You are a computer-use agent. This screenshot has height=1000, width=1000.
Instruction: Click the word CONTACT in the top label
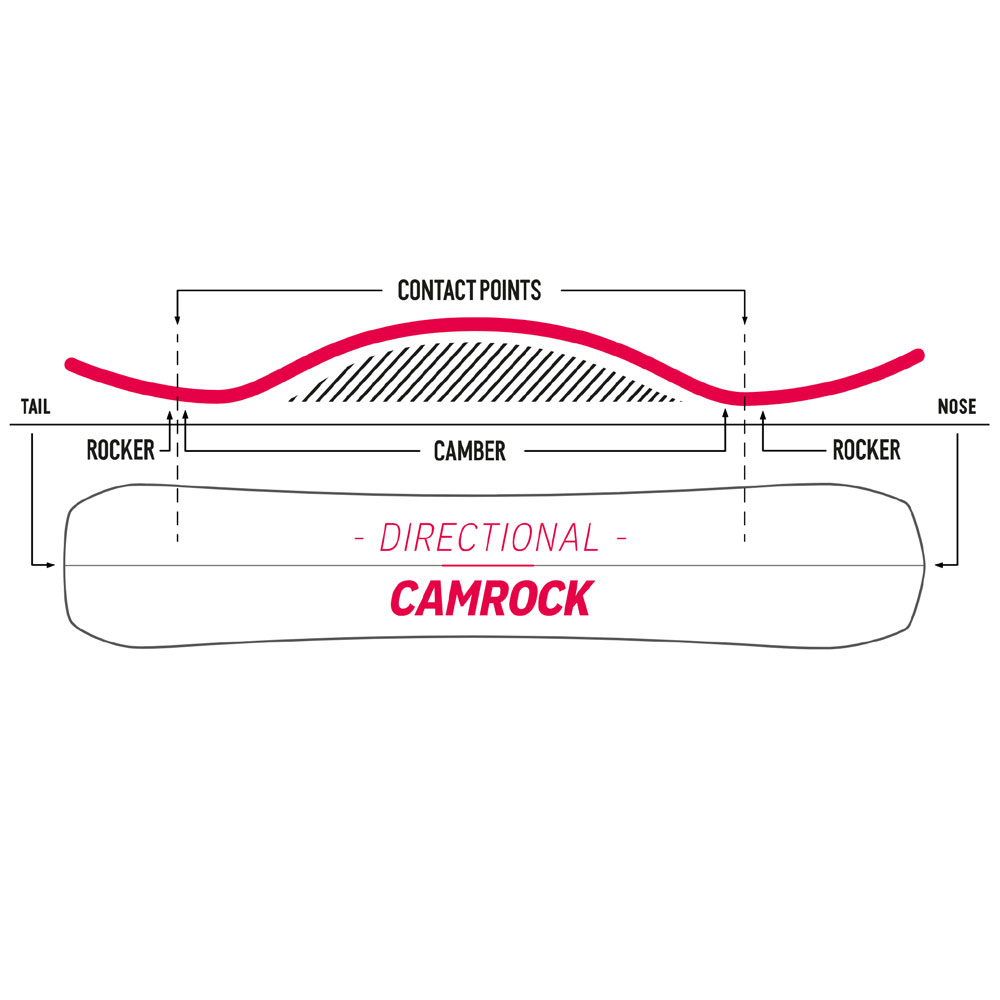(x=437, y=290)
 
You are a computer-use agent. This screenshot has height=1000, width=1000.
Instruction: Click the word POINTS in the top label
(x=510, y=290)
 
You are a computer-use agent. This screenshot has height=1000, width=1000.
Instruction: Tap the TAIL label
(x=35, y=406)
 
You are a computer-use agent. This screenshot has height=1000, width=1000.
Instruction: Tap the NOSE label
(x=957, y=406)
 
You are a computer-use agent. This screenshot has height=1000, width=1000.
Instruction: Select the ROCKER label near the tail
(x=121, y=450)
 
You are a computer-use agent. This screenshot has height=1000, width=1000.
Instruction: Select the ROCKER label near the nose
(x=867, y=450)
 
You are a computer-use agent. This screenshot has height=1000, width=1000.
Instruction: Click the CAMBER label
(x=469, y=452)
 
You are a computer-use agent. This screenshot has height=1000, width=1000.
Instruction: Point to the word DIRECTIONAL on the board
(x=490, y=538)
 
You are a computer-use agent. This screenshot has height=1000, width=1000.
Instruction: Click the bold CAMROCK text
(x=492, y=598)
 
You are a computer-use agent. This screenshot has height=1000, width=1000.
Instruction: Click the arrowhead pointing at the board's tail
(x=50, y=564)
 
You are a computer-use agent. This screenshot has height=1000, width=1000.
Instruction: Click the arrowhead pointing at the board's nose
(x=939, y=564)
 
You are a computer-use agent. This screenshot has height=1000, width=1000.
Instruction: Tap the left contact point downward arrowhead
(x=177, y=319)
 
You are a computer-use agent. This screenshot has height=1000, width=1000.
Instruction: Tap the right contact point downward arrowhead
(x=744, y=319)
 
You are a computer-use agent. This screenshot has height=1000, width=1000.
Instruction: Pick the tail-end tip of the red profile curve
(x=71, y=364)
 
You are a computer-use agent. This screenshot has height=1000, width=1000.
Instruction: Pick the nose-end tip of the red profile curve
(x=919, y=355)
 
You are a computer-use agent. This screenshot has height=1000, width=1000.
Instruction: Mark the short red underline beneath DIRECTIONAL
(x=488, y=565)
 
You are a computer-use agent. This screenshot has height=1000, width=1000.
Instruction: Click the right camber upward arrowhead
(x=725, y=414)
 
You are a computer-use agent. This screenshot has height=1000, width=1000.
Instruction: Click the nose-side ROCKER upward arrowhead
(x=763, y=416)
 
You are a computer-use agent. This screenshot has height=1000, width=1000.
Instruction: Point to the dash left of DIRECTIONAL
(x=359, y=539)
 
